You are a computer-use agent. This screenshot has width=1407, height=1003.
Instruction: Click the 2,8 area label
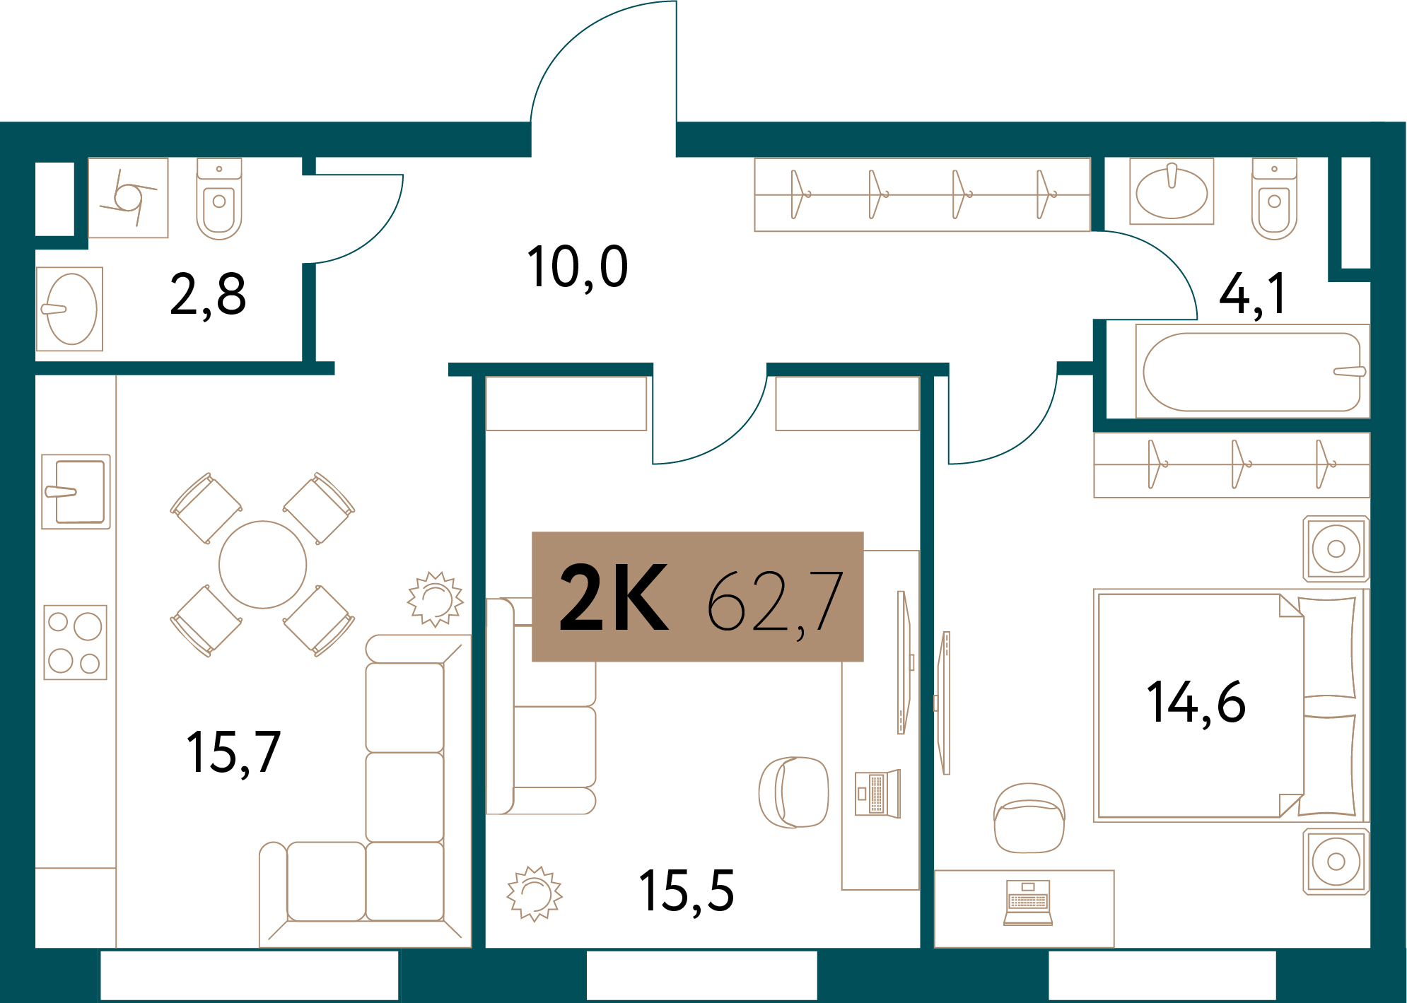(x=208, y=295)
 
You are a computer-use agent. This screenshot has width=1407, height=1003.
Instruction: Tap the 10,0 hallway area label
(x=578, y=267)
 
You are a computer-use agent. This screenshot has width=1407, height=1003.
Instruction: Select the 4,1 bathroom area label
(x=1252, y=294)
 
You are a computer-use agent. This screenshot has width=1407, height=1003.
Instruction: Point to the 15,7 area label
(x=233, y=753)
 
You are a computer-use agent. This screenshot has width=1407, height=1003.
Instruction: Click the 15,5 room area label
(x=687, y=891)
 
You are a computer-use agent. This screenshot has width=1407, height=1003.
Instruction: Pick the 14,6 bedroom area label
(x=1196, y=703)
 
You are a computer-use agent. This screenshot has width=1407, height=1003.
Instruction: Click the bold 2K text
(x=614, y=598)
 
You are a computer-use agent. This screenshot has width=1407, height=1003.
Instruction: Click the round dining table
(x=263, y=565)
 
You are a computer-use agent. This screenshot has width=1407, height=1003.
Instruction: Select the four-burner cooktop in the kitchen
(x=76, y=642)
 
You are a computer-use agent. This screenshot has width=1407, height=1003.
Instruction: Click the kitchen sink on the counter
(x=76, y=492)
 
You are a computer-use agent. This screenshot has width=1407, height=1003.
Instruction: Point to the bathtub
(x=1252, y=372)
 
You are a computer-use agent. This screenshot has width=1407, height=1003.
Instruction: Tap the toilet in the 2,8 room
(x=219, y=199)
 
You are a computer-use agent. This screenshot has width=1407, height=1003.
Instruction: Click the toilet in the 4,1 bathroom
(x=1274, y=199)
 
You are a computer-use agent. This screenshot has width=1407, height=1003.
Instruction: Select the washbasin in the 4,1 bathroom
(x=1172, y=191)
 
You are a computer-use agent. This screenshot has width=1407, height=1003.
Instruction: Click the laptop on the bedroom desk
(x=1028, y=903)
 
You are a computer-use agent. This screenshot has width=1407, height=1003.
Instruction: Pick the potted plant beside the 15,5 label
(x=535, y=893)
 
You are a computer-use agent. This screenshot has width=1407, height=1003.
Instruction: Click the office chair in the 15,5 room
(x=793, y=792)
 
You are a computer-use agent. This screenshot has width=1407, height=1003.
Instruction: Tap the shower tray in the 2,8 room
(x=128, y=198)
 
